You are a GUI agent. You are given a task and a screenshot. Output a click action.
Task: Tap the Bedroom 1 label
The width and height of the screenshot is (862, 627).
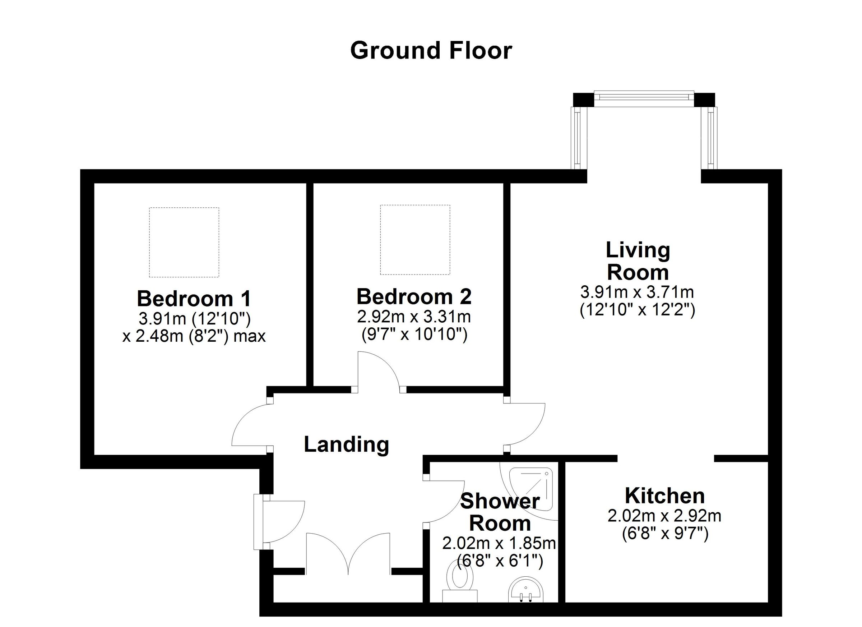point(194,299)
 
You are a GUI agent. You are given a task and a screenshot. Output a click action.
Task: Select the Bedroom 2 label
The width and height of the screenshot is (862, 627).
point(414,297)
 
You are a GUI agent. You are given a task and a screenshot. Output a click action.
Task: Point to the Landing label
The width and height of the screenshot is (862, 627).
point(346,445)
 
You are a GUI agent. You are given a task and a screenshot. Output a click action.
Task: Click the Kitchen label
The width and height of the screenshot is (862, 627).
point(665,496)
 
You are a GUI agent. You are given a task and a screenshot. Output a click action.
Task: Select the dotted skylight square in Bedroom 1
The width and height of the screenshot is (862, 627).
point(184,242)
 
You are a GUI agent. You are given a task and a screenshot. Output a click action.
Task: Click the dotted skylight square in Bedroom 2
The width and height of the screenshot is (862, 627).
point(415,240)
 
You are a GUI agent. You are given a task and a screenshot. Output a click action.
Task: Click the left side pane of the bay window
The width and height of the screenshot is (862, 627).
point(578,138)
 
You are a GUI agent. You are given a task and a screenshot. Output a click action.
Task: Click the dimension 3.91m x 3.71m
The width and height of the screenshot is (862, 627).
point(638,292)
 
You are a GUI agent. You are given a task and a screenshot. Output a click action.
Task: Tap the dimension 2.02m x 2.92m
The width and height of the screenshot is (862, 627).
point(665,516)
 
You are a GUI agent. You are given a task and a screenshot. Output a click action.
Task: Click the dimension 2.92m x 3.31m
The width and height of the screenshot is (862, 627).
point(414,316)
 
